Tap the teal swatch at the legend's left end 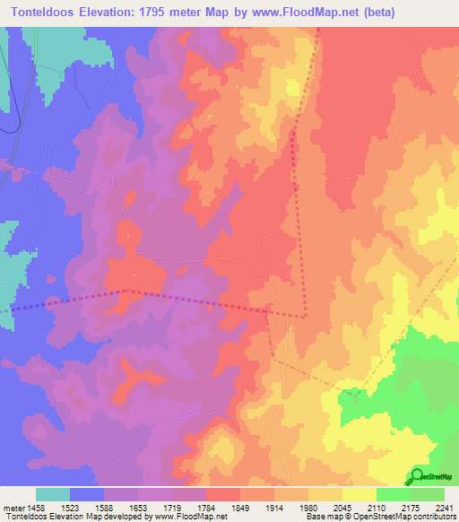pos(53,494)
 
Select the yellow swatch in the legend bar pos(359,494)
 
